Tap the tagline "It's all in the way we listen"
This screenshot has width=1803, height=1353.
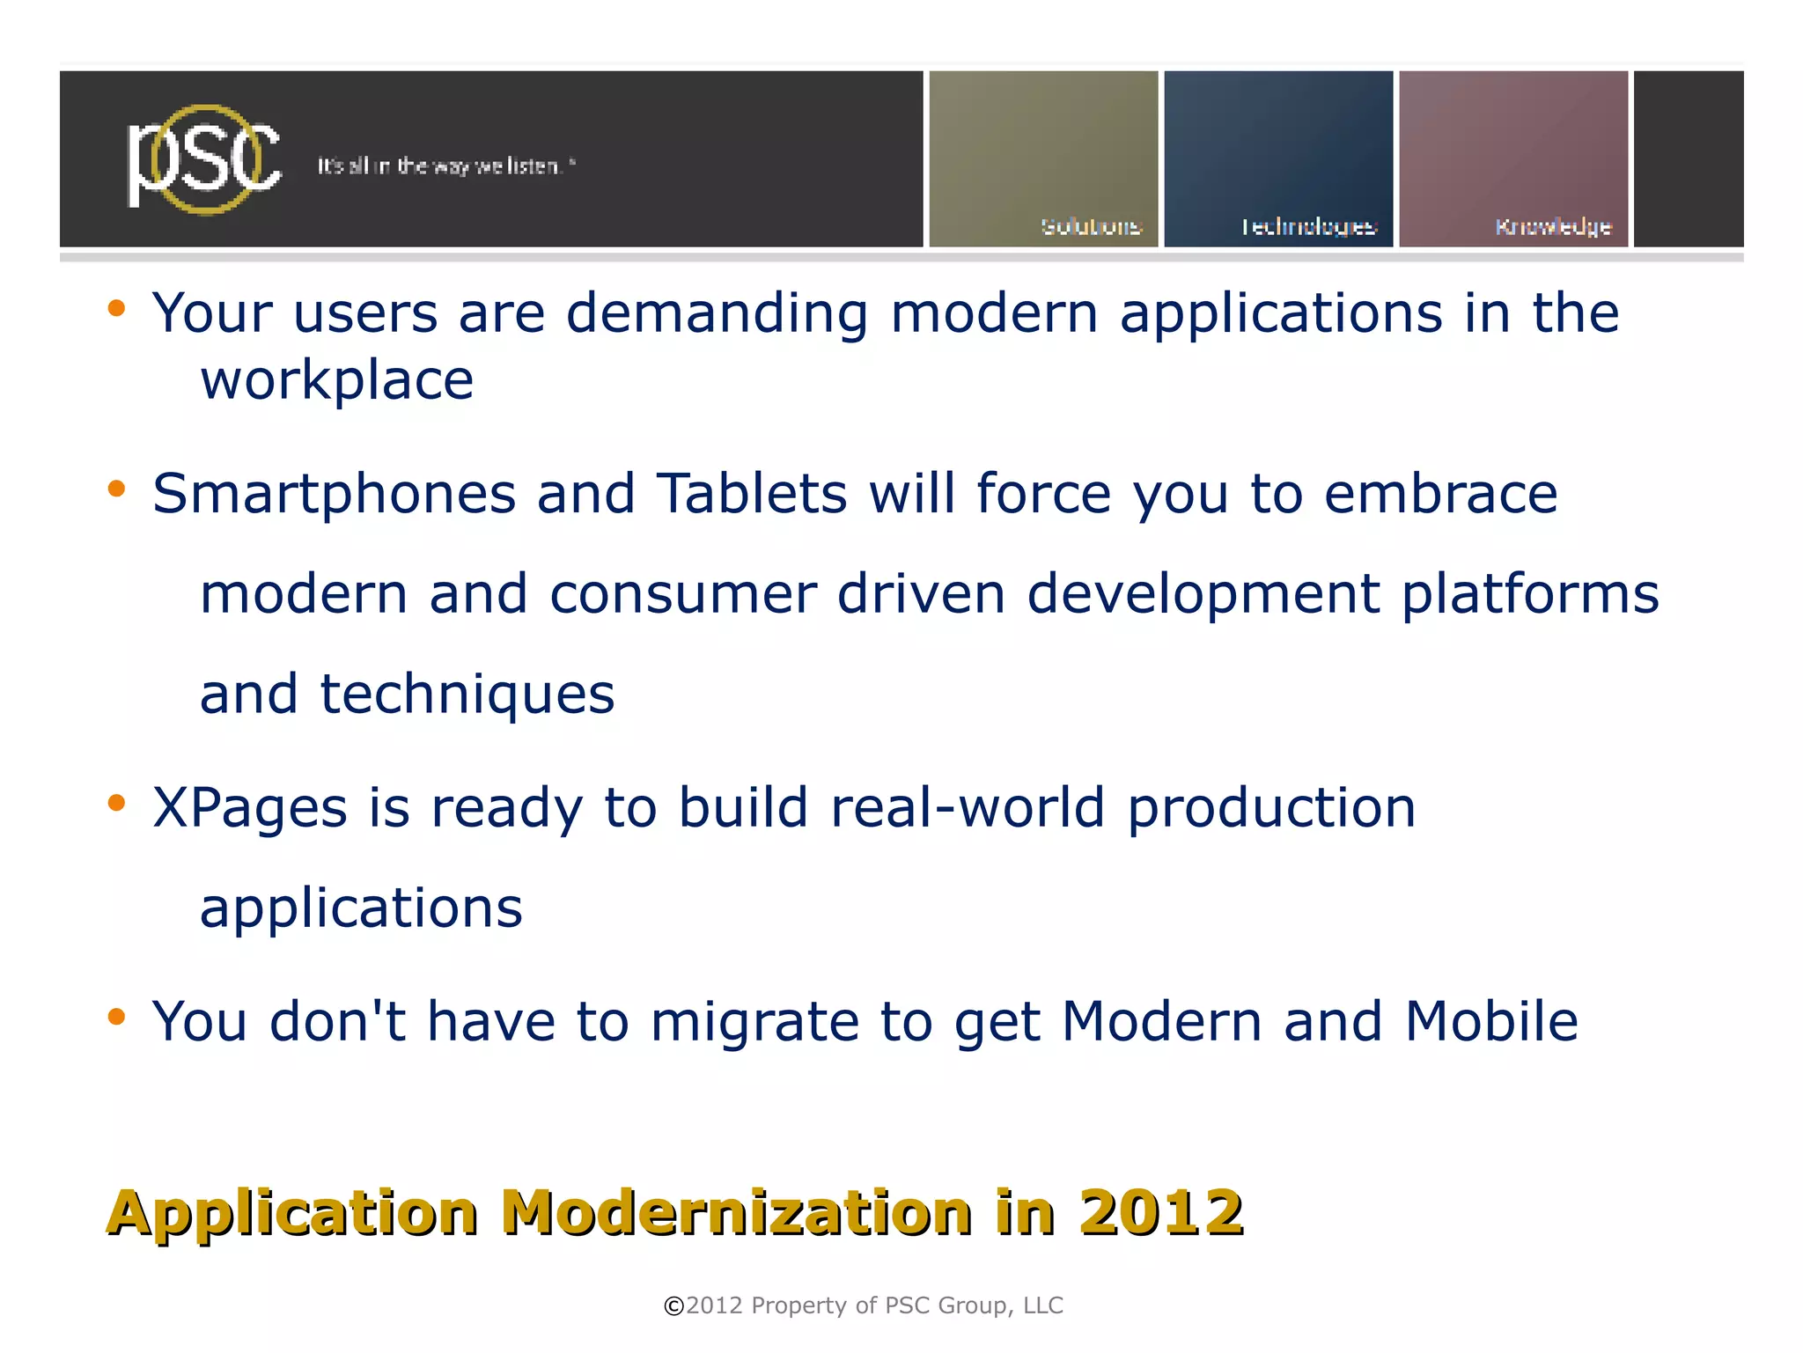445,166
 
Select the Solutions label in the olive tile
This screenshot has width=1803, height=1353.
1091,227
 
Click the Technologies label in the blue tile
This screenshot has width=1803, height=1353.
1308,227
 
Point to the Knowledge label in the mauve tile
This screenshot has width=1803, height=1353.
1553,227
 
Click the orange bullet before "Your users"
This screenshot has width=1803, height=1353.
116,309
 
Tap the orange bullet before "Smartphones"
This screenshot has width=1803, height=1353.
116,489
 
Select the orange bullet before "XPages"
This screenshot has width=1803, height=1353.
116,803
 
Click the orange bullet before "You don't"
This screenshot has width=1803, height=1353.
116,1018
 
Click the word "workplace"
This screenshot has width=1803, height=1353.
337,381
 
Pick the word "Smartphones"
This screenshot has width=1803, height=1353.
335,494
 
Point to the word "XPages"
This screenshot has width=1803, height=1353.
250,808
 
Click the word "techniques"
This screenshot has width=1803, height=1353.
467,695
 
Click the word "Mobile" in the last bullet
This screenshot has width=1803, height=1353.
1491,1021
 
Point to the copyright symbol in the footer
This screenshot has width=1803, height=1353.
673,1306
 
